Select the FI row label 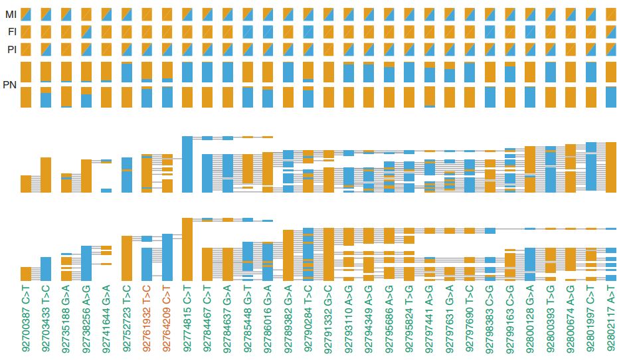coord(11,31)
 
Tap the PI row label coord(11,48)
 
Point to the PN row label coord(10,84)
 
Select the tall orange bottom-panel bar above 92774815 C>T coord(187,249)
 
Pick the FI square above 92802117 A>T coord(611,31)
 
